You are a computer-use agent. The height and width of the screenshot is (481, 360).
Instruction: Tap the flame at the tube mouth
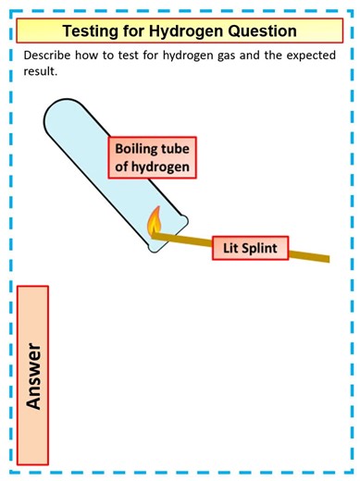(x=155, y=221)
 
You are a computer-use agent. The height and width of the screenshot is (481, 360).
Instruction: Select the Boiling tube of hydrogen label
(x=153, y=158)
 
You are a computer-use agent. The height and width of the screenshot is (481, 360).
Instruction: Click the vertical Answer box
(x=33, y=376)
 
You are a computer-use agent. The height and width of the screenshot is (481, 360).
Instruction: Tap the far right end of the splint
(x=327, y=258)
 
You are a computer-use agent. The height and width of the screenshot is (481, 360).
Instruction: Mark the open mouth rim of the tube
(x=168, y=235)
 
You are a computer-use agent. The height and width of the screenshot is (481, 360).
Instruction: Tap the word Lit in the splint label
(x=230, y=247)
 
